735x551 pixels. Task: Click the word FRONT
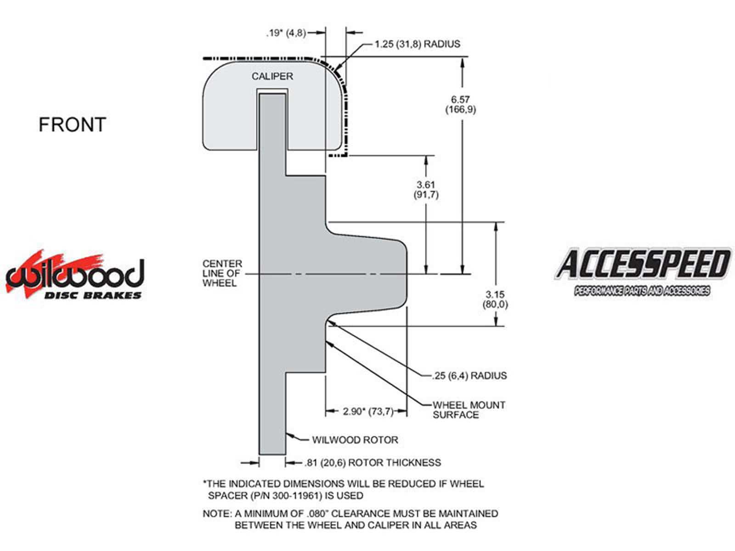(x=72, y=124)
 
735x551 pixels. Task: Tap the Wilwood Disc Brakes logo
(x=75, y=274)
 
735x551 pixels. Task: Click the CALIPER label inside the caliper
(x=272, y=76)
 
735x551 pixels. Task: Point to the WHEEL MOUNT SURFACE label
(x=469, y=410)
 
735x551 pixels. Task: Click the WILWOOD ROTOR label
(x=355, y=439)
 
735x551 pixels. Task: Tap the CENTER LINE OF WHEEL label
(x=222, y=273)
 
